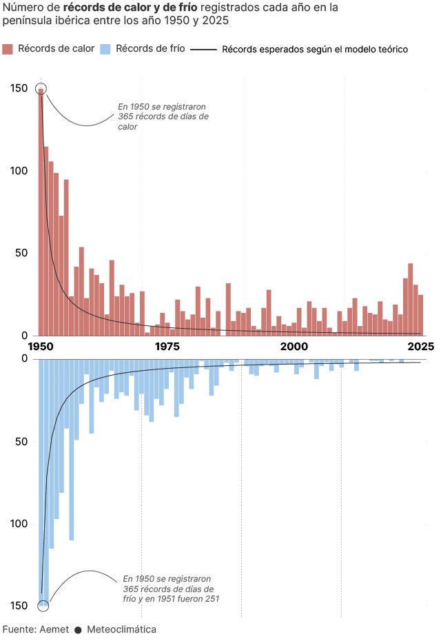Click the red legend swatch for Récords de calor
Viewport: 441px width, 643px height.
point(8,49)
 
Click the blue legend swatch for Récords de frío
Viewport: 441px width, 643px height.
point(106,49)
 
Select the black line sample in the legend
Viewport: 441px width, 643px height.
point(204,50)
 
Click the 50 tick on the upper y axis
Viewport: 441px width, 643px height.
point(22,253)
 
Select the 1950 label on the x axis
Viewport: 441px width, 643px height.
point(41,346)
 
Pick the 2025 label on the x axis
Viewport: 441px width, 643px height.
point(420,346)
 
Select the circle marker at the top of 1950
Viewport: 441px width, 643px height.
point(41,89)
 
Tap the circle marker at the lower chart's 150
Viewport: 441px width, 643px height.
point(43,606)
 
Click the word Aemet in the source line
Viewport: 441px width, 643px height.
point(54,629)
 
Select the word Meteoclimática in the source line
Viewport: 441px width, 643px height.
point(121,629)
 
